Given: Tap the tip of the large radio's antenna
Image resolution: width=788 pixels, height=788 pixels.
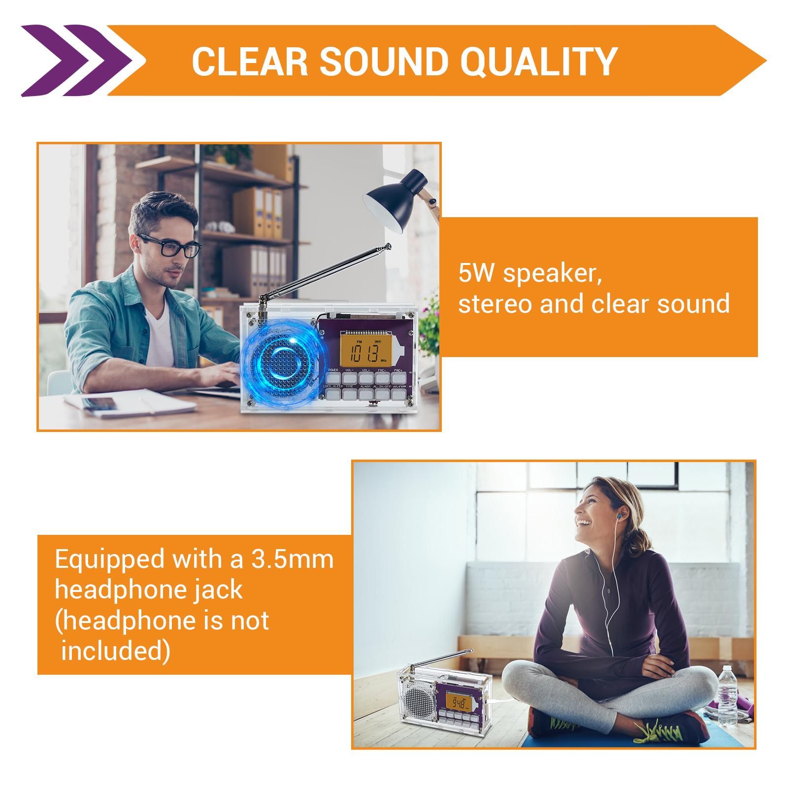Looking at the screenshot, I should click(x=389, y=245).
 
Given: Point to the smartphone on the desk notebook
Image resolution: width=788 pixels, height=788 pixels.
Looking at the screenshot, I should click(x=101, y=403).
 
